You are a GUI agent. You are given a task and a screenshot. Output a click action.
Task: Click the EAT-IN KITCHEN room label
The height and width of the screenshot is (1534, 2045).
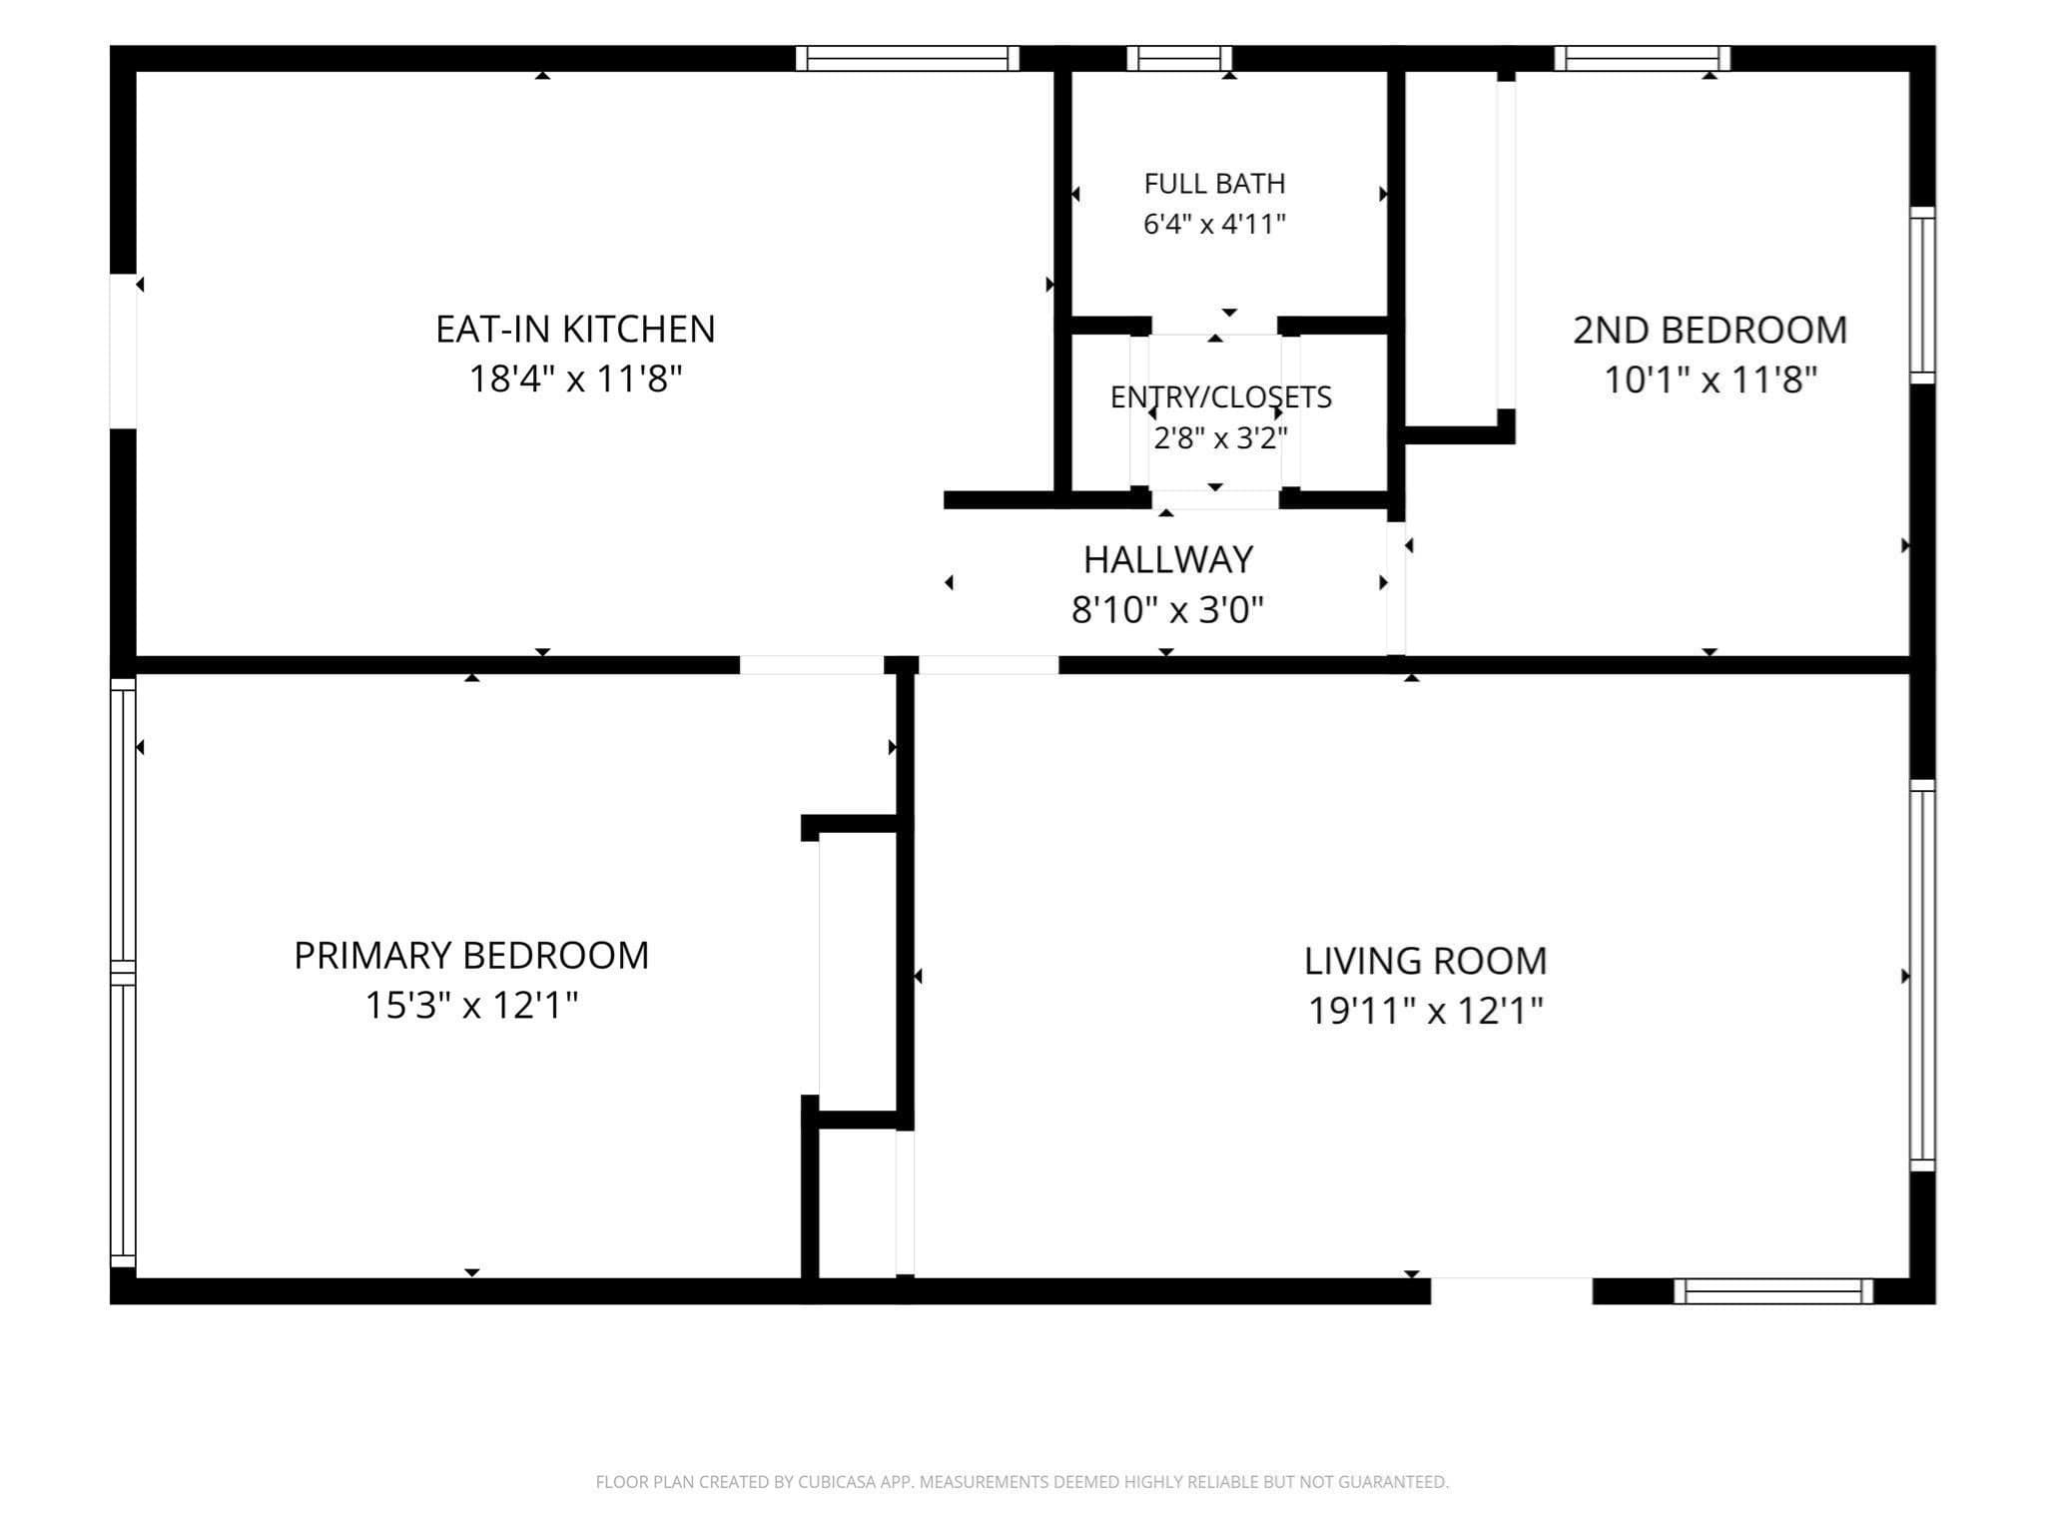point(575,330)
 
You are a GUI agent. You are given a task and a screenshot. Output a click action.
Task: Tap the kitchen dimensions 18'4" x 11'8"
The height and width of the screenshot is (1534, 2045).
point(575,380)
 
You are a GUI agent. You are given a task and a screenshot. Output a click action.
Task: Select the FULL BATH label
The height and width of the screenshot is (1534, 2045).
point(1214,184)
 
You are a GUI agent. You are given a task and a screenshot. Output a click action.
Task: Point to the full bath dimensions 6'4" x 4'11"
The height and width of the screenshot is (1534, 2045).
point(1214,224)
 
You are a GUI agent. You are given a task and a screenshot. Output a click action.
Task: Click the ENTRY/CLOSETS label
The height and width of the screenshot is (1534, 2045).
point(1220,397)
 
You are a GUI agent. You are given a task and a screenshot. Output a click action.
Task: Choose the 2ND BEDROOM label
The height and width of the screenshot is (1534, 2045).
point(1709,331)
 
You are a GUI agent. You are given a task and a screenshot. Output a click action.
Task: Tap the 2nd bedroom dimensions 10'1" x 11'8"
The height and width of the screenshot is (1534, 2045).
point(1709,380)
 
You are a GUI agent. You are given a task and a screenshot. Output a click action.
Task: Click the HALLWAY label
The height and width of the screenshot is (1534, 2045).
point(1168,560)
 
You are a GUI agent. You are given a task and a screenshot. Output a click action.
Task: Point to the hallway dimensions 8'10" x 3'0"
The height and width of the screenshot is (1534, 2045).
point(1168,609)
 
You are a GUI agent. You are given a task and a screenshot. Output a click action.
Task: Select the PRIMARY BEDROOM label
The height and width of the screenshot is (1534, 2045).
point(471,956)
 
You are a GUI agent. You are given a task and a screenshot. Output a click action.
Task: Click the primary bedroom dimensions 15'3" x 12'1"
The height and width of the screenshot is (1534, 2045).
point(471,1005)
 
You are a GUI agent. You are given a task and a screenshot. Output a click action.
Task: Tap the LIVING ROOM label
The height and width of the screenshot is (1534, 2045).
point(1425,961)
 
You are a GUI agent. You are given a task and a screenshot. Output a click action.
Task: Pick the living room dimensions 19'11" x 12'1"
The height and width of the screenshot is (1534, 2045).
point(1425,1011)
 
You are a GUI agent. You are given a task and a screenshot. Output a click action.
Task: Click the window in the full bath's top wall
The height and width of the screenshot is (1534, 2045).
point(1179,59)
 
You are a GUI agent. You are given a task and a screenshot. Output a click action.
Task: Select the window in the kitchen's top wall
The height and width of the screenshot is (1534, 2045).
point(908,59)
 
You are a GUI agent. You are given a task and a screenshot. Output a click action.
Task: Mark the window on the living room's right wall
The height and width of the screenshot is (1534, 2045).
point(1922,976)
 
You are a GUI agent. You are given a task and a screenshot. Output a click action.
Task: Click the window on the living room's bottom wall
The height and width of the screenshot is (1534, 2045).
point(1773,1291)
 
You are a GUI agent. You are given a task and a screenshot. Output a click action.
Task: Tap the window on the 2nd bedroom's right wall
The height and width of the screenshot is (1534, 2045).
point(1922,295)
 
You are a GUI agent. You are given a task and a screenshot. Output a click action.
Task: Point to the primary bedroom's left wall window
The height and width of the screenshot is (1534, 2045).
point(123,973)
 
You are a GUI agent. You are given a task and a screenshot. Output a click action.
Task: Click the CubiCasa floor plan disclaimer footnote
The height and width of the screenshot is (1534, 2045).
point(1022,1482)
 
